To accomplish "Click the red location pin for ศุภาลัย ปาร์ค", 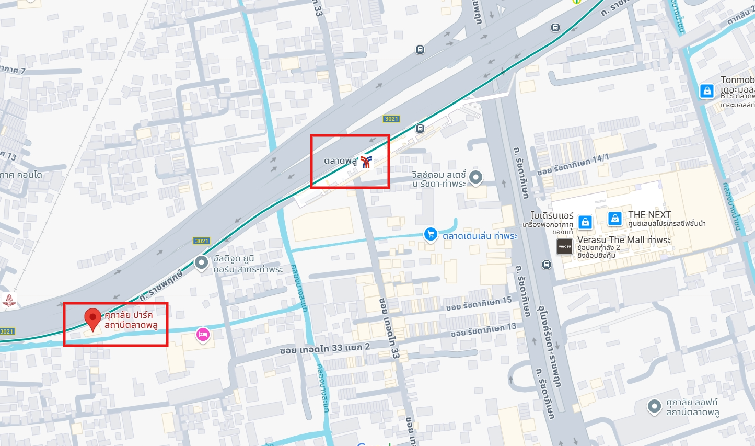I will click(x=92, y=318).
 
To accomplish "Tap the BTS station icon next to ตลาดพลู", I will click(x=366, y=162).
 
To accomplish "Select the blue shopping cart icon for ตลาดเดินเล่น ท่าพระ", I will click(x=431, y=234).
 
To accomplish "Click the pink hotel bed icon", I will click(x=203, y=334).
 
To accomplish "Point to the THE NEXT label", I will click(x=649, y=215).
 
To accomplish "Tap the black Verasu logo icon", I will click(x=565, y=246).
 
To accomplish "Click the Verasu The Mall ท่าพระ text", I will click(x=624, y=240).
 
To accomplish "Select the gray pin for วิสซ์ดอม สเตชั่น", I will click(x=475, y=177).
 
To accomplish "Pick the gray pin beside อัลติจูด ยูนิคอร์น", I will click(x=202, y=262).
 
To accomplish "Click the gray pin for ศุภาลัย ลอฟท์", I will click(x=654, y=406).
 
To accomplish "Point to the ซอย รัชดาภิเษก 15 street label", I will click(x=479, y=303).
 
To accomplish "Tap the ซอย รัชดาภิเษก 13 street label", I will click(x=483, y=330).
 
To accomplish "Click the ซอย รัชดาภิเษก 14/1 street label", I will click(x=573, y=165).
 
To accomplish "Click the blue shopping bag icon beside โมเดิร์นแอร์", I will click(x=586, y=222).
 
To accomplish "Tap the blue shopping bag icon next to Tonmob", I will click(x=707, y=91).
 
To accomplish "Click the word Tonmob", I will click(x=737, y=80).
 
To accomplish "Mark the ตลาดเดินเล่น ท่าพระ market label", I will click(x=480, y=236).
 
